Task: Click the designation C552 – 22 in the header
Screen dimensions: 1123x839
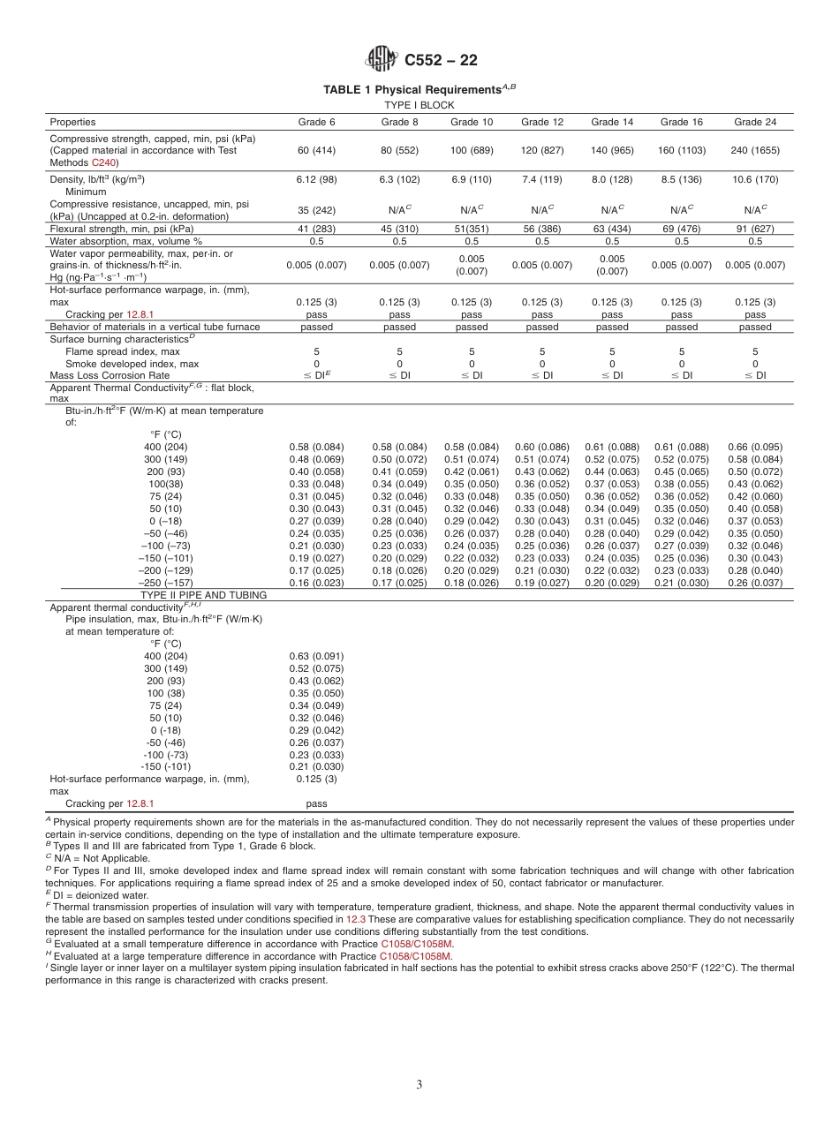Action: (x=441, y=61)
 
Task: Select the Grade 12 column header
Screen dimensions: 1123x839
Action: (x=541, y=122)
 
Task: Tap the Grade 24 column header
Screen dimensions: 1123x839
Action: (x=754, y=122)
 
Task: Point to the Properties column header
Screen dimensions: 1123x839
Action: (x=72, y=122)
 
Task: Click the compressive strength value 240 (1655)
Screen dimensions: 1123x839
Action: (x=754, y=151)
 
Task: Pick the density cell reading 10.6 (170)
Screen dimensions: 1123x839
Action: (x=754, y=179)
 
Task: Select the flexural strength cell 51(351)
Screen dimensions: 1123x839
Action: (x=472, y=229)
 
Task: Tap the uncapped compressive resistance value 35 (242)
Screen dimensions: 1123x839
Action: (x=316, y=210)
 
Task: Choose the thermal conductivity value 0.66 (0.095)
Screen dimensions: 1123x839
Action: (x=754, y=447)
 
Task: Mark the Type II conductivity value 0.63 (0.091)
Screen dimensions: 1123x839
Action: (x=316, y=656)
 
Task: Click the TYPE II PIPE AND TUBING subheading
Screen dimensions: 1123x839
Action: (x=202, y=596)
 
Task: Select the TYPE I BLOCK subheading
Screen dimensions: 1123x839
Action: (x=419, y=105)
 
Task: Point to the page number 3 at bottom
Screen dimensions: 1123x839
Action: (x=419, y=1085)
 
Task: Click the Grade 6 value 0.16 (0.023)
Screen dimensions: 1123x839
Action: (x=316, y=583)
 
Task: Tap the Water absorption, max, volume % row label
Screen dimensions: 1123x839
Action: (x=125, y=241)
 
